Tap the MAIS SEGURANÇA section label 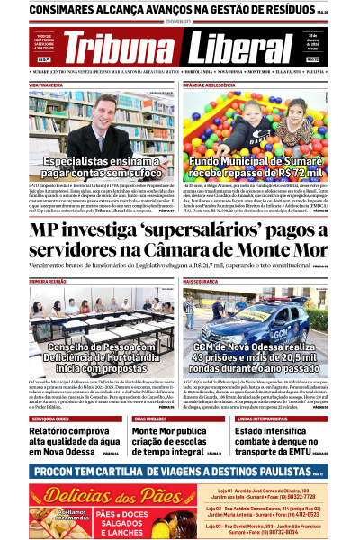pos(202,282)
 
